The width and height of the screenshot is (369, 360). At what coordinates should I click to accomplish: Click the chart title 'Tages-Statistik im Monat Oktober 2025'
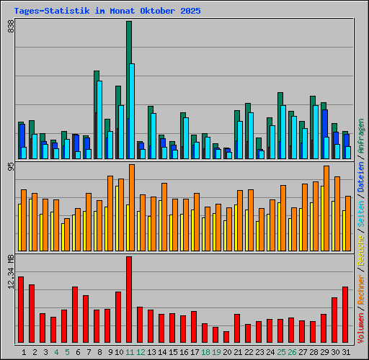pos(107,12)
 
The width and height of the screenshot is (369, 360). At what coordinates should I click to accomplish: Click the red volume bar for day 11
pos(129,300)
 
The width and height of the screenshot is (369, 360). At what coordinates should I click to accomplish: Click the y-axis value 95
pos(11,167)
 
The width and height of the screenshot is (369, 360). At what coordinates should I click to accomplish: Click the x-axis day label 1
pos(24,352)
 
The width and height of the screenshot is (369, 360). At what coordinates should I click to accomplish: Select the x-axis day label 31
pos(347,352)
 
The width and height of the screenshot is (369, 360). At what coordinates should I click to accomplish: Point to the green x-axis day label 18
pos(206,352)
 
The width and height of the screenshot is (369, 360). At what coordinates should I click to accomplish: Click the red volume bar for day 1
pos(21,310)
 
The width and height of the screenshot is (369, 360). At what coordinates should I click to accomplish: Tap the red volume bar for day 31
pos(345,315)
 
